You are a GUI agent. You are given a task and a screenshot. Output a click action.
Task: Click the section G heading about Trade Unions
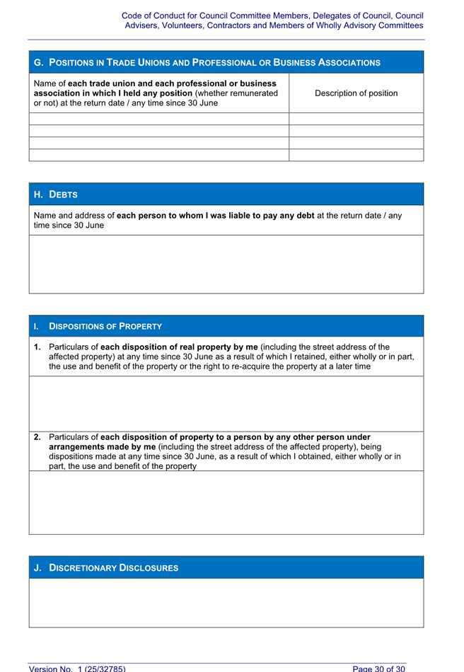pos(207,63)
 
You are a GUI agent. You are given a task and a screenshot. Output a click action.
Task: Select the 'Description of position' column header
pos(356,93)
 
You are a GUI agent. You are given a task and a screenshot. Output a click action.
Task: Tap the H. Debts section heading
pos(56,195)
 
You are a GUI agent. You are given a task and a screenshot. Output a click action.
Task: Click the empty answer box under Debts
pos(226,264)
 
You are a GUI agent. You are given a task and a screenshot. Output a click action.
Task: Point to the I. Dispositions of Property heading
pos(105,326)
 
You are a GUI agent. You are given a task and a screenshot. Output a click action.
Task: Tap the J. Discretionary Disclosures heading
pos(106,568)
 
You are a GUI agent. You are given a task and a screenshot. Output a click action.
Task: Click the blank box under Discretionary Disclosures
pos(226,603)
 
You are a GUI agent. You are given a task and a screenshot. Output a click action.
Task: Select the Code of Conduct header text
pos(272,20)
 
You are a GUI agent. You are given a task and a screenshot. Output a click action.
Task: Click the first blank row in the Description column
pos(356,119)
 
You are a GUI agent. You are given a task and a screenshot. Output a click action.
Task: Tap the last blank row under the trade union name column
pos(159,155)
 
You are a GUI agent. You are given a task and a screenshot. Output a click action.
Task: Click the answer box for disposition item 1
pos(226,403)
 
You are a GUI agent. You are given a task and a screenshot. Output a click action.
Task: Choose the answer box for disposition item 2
pos(226,502)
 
